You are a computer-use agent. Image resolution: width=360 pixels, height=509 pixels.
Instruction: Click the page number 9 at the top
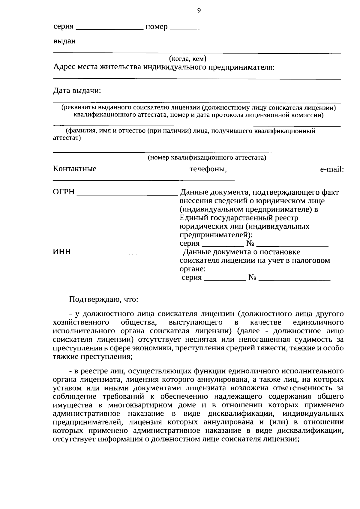click(x=199, y=11)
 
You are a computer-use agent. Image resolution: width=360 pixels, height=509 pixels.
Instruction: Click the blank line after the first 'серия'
click(x=110, y=29)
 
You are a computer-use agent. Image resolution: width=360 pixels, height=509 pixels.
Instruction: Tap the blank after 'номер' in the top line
click(x=189, y=29)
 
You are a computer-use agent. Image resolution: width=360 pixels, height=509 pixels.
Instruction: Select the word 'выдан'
click(x=64, y=41)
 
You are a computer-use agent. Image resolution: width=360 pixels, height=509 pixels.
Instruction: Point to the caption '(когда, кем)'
click(x=187, y=58)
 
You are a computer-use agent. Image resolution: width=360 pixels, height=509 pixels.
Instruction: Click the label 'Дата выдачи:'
click(x=77, y=91)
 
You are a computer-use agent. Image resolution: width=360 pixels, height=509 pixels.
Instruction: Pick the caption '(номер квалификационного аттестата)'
click(x=207, y=157)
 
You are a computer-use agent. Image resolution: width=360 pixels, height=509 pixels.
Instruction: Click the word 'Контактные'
click(x=75, y=169)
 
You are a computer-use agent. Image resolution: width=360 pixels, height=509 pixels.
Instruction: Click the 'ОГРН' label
click(x=64, y=192)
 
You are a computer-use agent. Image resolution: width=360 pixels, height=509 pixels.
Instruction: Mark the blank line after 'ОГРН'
click(x=127, y=194)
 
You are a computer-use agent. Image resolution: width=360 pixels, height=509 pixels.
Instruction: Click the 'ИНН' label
click(x=62, y=252)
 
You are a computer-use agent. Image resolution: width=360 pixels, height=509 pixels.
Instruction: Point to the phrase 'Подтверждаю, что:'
click(x=103, y=299)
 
